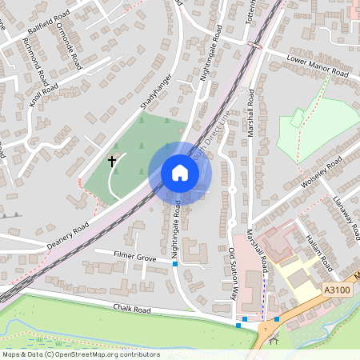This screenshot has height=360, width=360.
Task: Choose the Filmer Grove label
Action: (x=134, y=257)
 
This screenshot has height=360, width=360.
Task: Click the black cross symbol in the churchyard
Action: (x=112, y=162)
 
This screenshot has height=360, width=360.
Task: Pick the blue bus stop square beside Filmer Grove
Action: (x=174, y=263)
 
